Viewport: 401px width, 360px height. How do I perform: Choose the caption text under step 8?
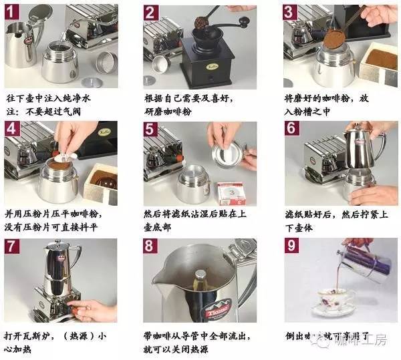click(197, 339)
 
